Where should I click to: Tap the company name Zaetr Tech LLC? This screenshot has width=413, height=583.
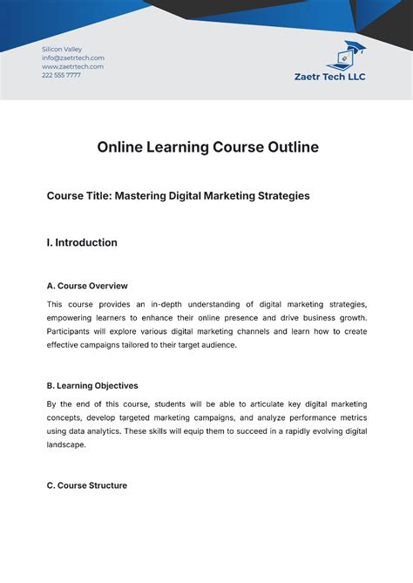point(330,77)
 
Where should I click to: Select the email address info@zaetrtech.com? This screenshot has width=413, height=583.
point(73,58)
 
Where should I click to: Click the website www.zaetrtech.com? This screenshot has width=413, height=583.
point(72,66)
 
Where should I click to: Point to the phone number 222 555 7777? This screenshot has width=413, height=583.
point(61,75)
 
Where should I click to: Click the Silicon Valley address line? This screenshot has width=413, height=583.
point(62,49)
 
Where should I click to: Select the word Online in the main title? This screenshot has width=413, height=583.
point(123,147)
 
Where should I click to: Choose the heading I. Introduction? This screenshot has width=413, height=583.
point(82,243)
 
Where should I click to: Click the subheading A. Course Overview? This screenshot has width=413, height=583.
point(87,286)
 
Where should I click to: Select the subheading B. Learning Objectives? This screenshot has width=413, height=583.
point(92,385)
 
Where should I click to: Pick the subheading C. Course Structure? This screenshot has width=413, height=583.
point(87,485)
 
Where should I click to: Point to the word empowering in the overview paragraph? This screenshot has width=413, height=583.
point(76,317)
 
